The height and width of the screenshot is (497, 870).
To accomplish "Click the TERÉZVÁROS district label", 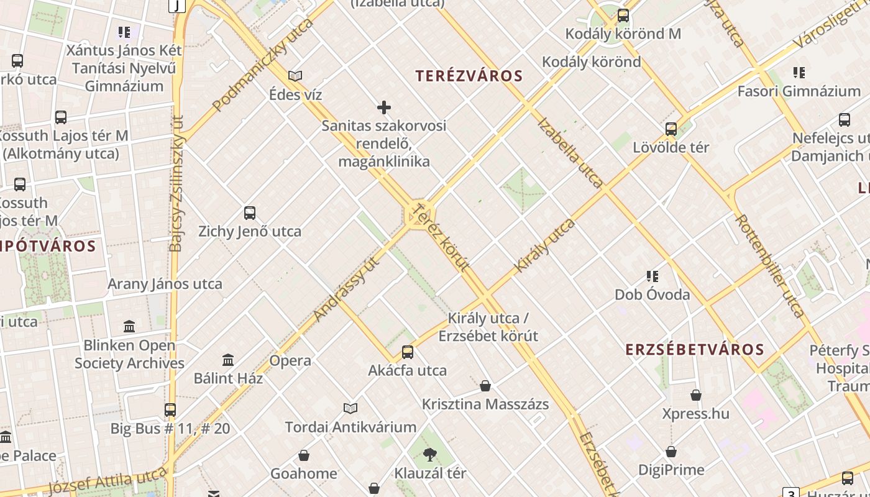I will pyautogui.click(x=469, y=76).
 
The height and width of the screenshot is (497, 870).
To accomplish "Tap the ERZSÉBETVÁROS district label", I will pyautogui.click(x=695, y=349).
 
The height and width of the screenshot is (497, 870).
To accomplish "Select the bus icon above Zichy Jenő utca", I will pyautogui.click(x=250, y=213).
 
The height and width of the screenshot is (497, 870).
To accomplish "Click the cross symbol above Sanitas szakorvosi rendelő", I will pyautogui.click(x=384, y=107).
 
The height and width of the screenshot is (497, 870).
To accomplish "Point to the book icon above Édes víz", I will pyautogui.click(x=295, y=76).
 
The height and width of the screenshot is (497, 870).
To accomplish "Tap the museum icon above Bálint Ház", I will pyautogui.click(x=228, y=360).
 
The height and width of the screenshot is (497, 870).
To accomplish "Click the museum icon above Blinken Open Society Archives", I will pyautogui.click(x=129, y=326).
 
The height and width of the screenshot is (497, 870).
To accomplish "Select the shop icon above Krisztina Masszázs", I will pyautogui.click(x=485, y=386).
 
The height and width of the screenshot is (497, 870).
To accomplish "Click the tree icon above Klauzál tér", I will pyautogui.click(x=429, y=455).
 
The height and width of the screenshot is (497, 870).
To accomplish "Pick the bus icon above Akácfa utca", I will pyautogui.click(x=408, y=352).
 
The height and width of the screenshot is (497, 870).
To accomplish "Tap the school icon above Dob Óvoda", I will pyautogui.click(x=652, y=276).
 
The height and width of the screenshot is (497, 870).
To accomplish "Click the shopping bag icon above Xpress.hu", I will pyautogui.click(x=696, y=395).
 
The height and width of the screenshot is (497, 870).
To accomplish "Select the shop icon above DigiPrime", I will pyautogui.click(x=671, y=452).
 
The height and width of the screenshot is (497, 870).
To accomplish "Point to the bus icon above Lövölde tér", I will pyautogui.click(x=671, y=129).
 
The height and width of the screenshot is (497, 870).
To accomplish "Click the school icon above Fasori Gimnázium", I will pyautogui.click(x=799, y=73).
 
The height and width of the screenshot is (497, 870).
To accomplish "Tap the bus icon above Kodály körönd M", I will pyautogui.click(x=623, y=16).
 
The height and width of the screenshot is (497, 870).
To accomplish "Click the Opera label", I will pyautogui.click(x=290, y=360).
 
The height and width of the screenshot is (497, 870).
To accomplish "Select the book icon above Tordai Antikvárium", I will pyautogui.click(x=350, y=408).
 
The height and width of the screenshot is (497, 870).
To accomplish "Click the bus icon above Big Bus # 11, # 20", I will pyautogui.click(x=170, y=410).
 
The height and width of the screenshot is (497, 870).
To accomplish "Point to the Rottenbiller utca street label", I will pyautogui.click(x=770, y=266).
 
